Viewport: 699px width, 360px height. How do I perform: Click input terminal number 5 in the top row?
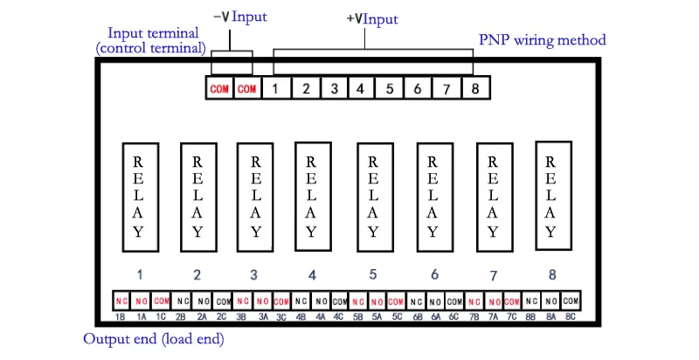(x=389, y=87)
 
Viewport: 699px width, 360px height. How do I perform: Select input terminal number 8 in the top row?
(x=476, y=87)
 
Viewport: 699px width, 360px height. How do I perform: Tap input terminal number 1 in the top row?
(x=276, y=87)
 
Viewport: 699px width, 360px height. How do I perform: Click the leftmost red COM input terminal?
(x=219, y=87)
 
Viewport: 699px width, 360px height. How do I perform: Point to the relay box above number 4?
(x=313, y=197)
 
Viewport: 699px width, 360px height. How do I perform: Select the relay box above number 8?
(x=553, y=196)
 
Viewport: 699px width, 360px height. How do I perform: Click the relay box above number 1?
(x=141, y=197)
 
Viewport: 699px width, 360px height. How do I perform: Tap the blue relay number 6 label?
(x=434, y=274)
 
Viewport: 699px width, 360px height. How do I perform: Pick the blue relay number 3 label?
(x=253, y=275)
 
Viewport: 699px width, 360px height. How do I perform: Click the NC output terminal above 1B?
(x=122, y=301)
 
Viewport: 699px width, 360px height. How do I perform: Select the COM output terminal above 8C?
(x=571, y=301)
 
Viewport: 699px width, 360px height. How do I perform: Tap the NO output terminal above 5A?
(x=377, y=301)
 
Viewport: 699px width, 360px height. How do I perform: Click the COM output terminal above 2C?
(x=223, y=301)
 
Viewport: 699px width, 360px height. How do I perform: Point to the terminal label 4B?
(x=301, y=317)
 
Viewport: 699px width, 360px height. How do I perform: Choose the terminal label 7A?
(x=493, y=317)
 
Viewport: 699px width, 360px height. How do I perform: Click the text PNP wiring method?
(x=543, y=39)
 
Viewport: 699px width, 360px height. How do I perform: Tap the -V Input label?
(x=239, y=17)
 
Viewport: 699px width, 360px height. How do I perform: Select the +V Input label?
(x=372, y=19)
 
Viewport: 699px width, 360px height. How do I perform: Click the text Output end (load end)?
(x=154, y=339)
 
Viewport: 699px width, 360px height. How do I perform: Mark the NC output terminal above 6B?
(x=417, y=301)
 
